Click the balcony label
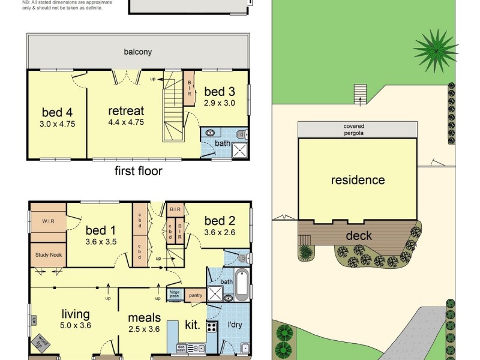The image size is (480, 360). [x=137, y=52]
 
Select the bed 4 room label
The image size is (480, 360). [x=57, y=113]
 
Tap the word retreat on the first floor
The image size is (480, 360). [x=126, y=111]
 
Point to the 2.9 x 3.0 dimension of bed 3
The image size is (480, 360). [x=220, y=103]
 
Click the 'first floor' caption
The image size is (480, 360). [x=138, y=171]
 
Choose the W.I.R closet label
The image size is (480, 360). [x=48, y=221]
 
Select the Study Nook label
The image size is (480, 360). [x=48, y=254]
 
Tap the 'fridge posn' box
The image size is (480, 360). [x=173, y=295]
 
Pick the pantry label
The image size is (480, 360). [x=195, y=295]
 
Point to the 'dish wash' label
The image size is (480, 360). [x=181, y=347]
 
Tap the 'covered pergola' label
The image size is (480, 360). [x=354, y=130]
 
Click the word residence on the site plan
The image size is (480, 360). [x=358, y=180]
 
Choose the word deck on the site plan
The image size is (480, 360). [x=358, y=236]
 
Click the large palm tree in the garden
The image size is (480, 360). [x=436, y=50]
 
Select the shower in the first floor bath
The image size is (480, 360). [x=239, y=150]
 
